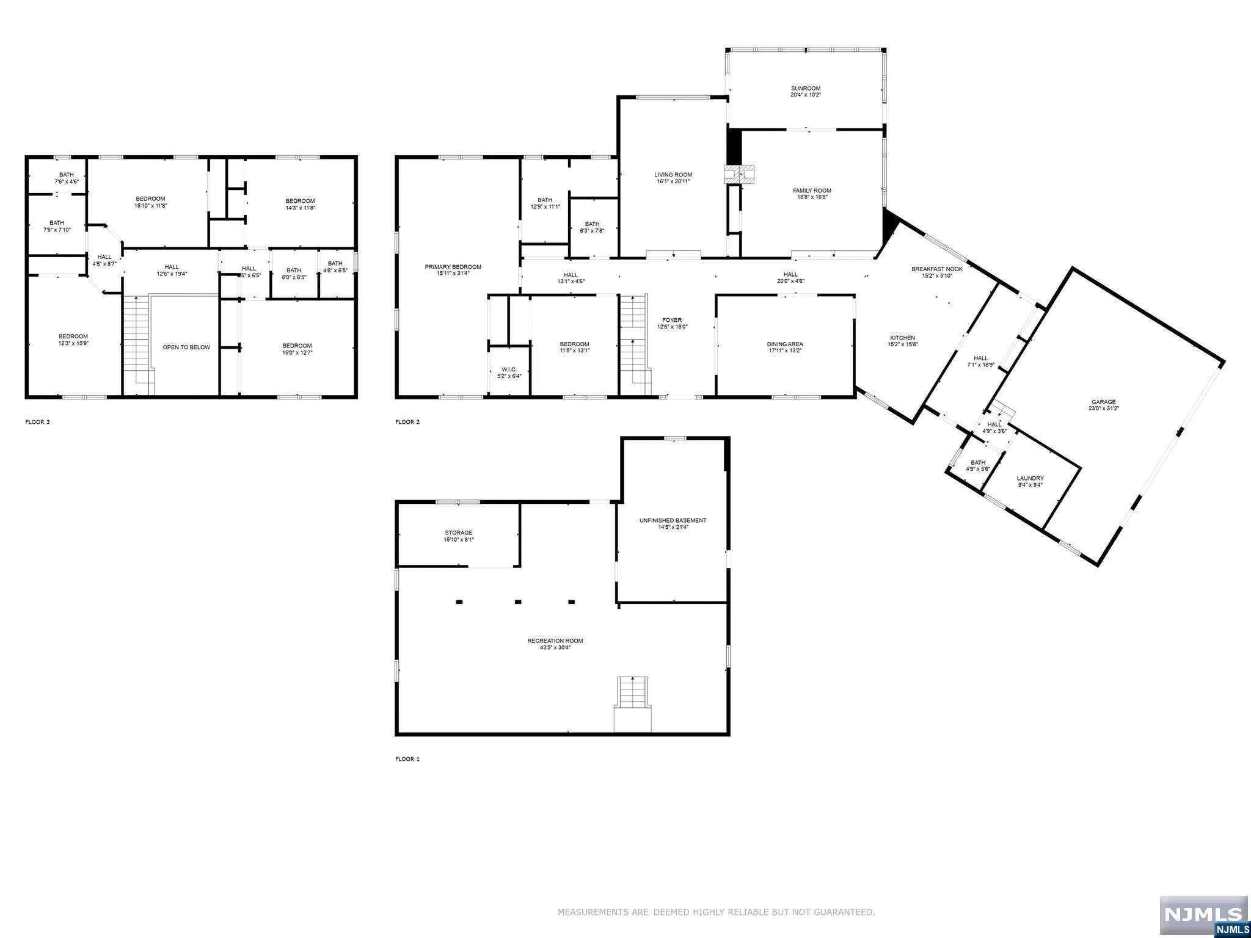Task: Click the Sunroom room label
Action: (x=805, y=89)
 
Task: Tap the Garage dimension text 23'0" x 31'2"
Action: (x=1104, y=409)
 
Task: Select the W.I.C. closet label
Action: (x=509, y=369)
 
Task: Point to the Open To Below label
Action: (x=186, y=347)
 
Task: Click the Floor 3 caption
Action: (x=37, y=422)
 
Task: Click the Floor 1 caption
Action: (x=407, y=759)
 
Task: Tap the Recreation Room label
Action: (x=555, y=641)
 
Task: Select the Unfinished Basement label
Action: (x=673, y=520)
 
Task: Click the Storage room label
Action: (x=458, y=533)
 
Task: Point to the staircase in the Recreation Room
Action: (x=633, y=702)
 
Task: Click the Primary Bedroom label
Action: (x=453, y=267)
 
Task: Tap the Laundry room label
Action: (x=1030, y=478)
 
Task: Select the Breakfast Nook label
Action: (x=936, y=269)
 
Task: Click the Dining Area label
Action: (x=785, y=344)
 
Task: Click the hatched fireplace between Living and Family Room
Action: (x=739, y=175)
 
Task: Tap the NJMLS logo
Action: (x=1203, y=914)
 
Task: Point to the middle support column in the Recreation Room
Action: (x=517, y=602)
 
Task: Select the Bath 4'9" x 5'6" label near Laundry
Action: (x=977, y=462)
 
